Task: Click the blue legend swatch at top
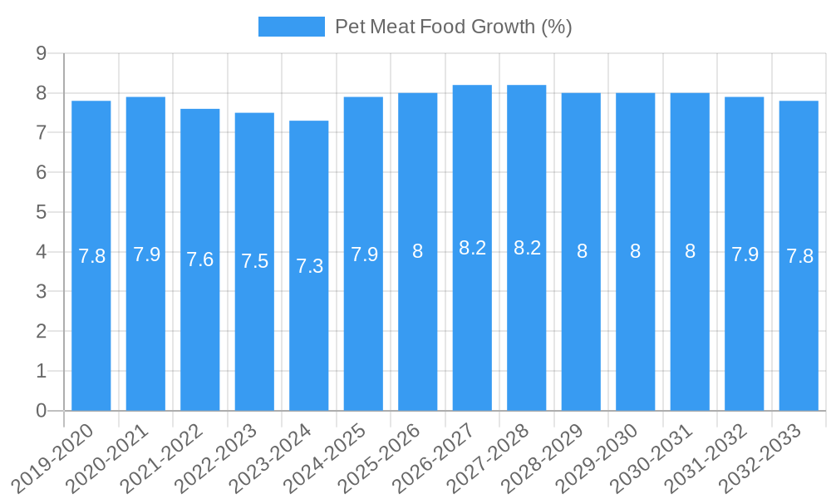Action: pos(292,27)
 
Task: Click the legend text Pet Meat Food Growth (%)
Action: pos(453,27)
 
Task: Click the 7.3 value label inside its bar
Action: pos(309,266)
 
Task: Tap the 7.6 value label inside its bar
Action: pos(200,259)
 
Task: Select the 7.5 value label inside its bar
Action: pos(254,261)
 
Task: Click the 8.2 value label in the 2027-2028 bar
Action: pos(527,248)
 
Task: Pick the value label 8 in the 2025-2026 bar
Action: pos(418,251)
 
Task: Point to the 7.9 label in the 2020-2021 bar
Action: pos(146,254)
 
